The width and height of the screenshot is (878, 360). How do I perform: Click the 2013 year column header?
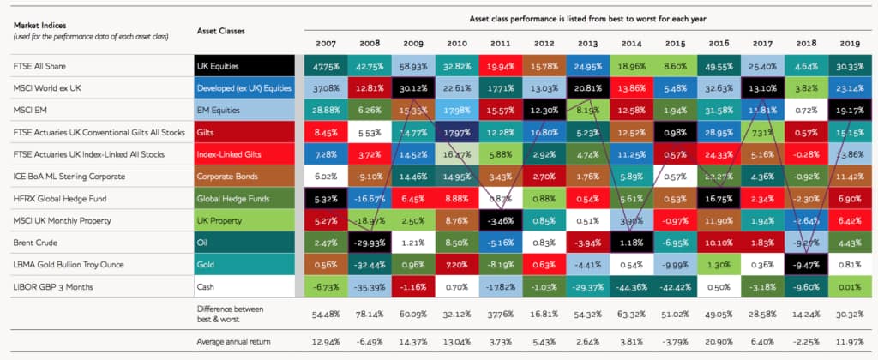587,43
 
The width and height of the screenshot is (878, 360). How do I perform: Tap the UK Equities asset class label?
219,66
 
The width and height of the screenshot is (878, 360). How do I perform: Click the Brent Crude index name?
33,243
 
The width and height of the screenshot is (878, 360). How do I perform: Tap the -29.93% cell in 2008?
368,243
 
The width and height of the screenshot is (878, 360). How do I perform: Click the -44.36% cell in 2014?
631,288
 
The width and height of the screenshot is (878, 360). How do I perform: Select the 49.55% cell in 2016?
719,66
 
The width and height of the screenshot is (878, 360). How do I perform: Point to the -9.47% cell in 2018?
807,266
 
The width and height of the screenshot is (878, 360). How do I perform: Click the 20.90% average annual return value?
719,343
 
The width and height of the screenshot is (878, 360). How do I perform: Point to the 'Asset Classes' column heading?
220,31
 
